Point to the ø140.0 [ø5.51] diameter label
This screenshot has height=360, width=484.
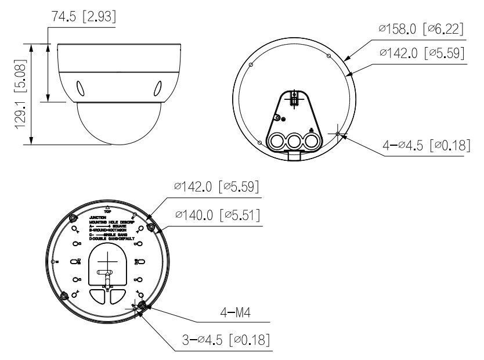click(216, 216)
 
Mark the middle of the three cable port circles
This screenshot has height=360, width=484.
click(294, 141)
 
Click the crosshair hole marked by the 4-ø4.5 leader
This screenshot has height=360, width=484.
click(338, 134)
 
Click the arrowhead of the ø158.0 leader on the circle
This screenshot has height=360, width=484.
click(346, 59)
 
